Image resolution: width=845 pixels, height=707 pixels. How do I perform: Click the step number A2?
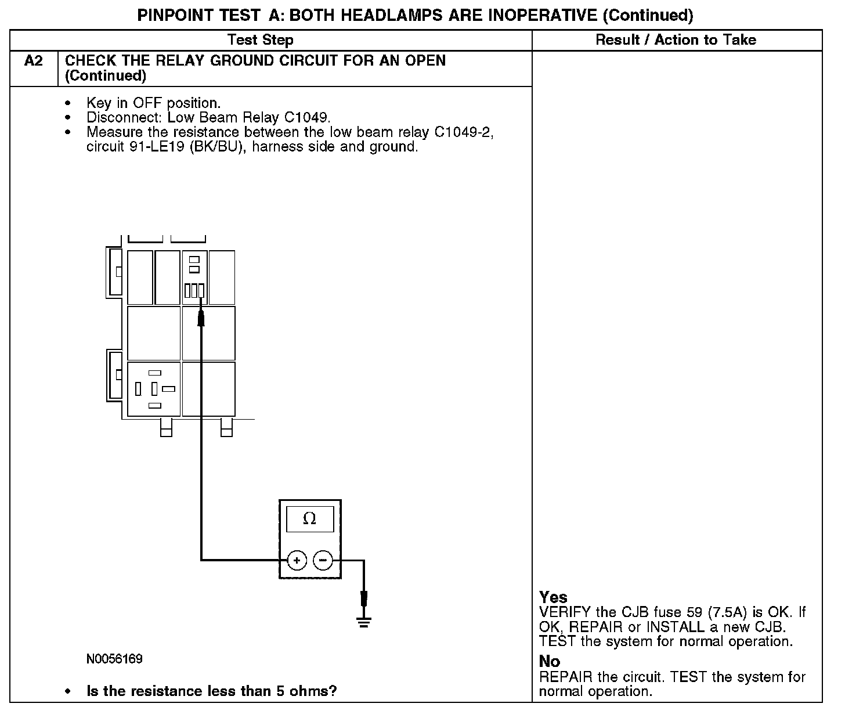click(x=34, y=61)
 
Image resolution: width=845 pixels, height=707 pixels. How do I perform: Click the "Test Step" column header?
click(x=260, y=40)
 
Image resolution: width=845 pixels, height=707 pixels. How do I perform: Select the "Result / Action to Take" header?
click(x=676, y=40)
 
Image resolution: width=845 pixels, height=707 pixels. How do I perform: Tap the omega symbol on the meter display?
click(x=309, y=519)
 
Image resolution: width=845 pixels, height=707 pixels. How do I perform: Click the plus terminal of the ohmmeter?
click(x=297, y=561)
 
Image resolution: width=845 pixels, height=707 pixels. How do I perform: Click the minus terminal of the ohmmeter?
click(x=323, y=561)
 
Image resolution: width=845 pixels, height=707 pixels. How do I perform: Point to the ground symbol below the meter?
click(x=364, y=623)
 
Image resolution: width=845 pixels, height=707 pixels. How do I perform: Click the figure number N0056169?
click(x=114, y=659)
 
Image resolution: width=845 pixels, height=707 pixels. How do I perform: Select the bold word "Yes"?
click(x=553, y=597)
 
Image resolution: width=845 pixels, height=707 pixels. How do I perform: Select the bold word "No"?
click(x=549, y=662)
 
